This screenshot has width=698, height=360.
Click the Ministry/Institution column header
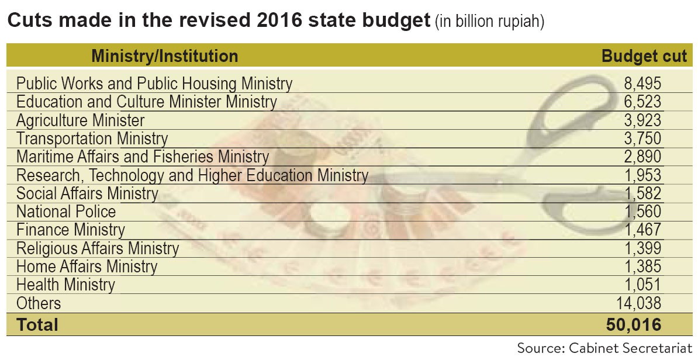tap(165, 56)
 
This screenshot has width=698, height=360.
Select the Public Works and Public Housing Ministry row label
tap(154, 84)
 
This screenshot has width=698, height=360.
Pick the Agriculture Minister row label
tap(80, 120)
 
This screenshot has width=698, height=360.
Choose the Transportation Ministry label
tap(92, 139)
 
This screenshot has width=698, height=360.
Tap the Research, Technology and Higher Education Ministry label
tap(192, 175)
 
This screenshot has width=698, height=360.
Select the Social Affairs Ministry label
tap(87, 193)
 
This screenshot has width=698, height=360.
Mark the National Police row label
tap(66, 212)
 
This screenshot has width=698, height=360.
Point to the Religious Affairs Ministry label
tap(98, 248)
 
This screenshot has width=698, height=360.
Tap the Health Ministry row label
tap(65, 285)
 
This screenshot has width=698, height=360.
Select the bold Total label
tap(37, 324)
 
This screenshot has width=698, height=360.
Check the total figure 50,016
tap(633, 324)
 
